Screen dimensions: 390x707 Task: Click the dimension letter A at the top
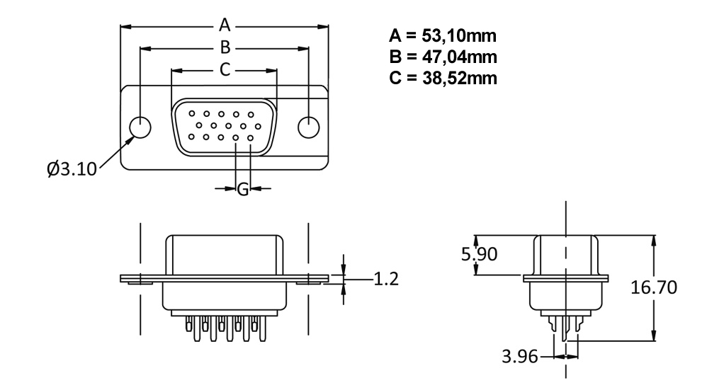coord(225,25)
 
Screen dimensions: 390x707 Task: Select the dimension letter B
coord(225,47)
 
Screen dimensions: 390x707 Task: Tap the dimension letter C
coord(224,69)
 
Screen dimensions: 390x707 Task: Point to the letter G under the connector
coord(242,189)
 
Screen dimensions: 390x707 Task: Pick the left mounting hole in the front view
coord(142,127)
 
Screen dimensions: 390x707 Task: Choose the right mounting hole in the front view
coord(308,127)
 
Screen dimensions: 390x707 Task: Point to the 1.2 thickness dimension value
coord(385,278)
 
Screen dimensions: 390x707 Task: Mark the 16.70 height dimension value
coord(654,288)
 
